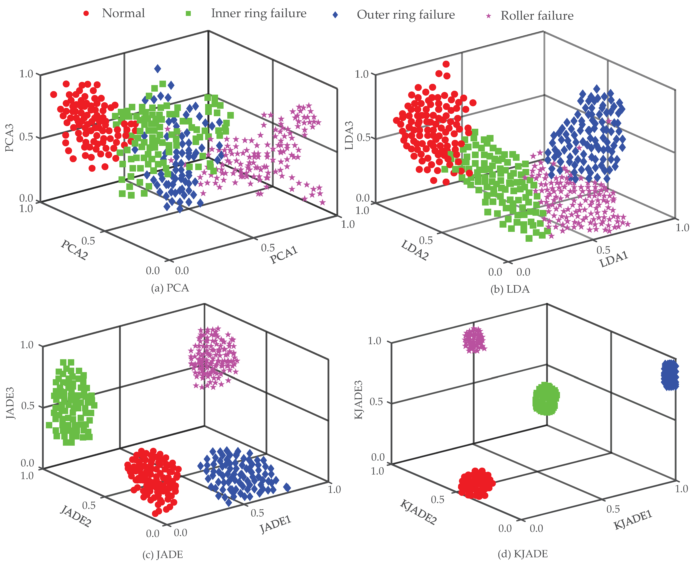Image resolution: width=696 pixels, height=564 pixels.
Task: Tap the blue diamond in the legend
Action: pyautogui.click(x=335, y=15)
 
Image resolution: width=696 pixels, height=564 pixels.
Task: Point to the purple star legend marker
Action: pyautogui.click(x=488, y=16)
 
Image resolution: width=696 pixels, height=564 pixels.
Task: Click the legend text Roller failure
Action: pyautogui.click(x=537, y=16)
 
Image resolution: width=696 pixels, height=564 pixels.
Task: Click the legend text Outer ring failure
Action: pyautogui.click(x=406, y=15)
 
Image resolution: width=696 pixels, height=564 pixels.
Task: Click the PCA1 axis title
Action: pyautogui.click(x=284, y=255)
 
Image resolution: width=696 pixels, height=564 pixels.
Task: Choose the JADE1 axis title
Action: pyautogui.click(x=275, y=525)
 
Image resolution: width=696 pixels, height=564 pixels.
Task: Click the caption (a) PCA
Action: pyautogui.click(x=170, y=288)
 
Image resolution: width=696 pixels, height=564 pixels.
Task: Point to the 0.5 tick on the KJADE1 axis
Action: pyautogui.click(x=613, y=509)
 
